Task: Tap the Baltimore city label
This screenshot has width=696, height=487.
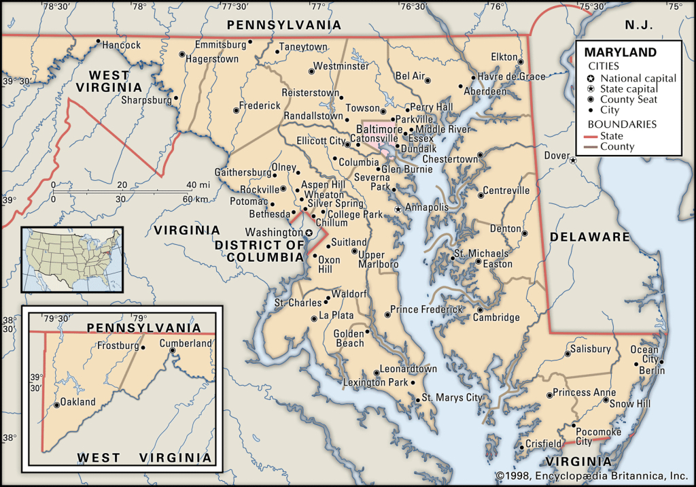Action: point(379,129)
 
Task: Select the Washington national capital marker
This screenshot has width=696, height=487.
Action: point(309,233)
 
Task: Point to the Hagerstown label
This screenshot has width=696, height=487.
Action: point(212,59)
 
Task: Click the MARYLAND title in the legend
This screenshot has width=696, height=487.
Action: point(621,52)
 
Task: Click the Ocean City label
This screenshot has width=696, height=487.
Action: point(644,354)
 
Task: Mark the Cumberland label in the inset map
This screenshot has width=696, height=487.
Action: point(186,343)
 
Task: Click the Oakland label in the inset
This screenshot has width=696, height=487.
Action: point(77,402)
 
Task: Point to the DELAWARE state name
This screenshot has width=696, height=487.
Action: point(590,237)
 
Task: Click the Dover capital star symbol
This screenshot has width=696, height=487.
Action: point(573,161)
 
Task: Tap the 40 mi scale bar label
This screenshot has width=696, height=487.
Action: point(198,184)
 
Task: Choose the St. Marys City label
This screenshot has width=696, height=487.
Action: point(452,397)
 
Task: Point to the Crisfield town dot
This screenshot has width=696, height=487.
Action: point(521,447)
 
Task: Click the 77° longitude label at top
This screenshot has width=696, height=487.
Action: point(317,7)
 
